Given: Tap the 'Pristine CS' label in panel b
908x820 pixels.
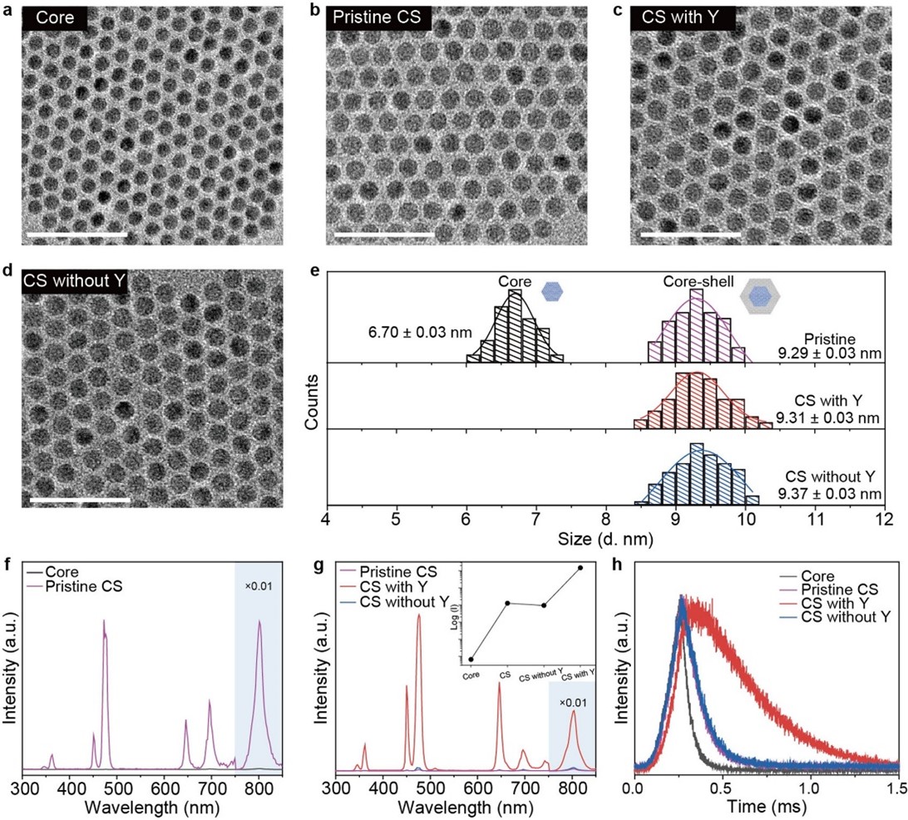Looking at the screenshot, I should tap(372, 18).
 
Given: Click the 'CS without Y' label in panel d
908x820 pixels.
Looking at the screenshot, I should tap(75, 282).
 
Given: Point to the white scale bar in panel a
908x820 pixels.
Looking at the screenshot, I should tap(76, 235).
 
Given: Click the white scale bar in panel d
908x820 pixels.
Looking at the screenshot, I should tap(80, 500).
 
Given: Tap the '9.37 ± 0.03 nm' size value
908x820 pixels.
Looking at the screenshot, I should tap(830, 494).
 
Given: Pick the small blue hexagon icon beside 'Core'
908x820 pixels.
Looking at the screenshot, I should tap(550, 291).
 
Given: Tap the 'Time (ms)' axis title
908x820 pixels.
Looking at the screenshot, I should tap(765, 807).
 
